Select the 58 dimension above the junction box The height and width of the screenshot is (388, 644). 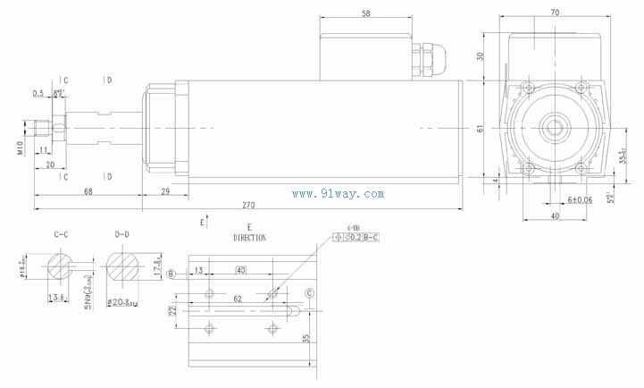point(367,13)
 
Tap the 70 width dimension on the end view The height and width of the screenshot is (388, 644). point(555,13)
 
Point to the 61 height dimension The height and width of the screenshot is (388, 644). point(480,130)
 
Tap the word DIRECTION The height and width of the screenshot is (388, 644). point(249,239)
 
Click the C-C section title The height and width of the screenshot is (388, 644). point(62,235)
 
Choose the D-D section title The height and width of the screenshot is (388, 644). point(122,235)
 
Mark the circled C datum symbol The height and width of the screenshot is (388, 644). point(309,293)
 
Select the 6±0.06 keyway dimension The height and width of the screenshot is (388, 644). point(579,199)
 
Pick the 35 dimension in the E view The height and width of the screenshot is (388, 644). point(305,340)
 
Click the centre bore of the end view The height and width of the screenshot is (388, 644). point(554,128)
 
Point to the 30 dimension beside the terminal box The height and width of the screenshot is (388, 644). point(480,55)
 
